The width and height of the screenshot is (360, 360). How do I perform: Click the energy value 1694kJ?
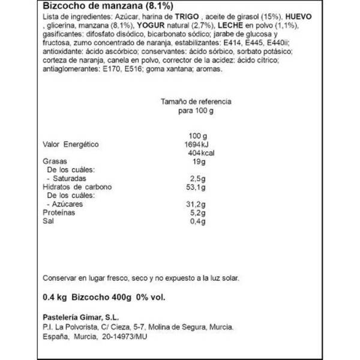click(194, 145)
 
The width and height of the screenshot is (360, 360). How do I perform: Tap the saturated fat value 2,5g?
click(197, 179)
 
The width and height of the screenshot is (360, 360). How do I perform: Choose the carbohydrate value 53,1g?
click(196, 187)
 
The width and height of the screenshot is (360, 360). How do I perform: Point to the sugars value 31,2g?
click(196, 205)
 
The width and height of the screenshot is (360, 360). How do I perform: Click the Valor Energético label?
click(71, 145)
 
